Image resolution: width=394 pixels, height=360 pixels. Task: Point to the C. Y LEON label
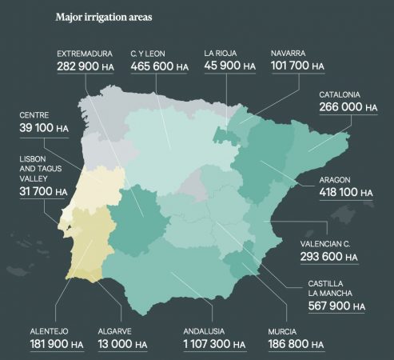(148, 54)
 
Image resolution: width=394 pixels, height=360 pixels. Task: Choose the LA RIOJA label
(221, 54)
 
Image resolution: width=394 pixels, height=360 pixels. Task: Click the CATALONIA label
(340, 94)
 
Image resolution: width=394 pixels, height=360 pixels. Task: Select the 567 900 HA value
(336, 306)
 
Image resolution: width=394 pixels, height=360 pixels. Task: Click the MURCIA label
(283, 330)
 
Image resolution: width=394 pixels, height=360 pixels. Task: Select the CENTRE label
(34, 115)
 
